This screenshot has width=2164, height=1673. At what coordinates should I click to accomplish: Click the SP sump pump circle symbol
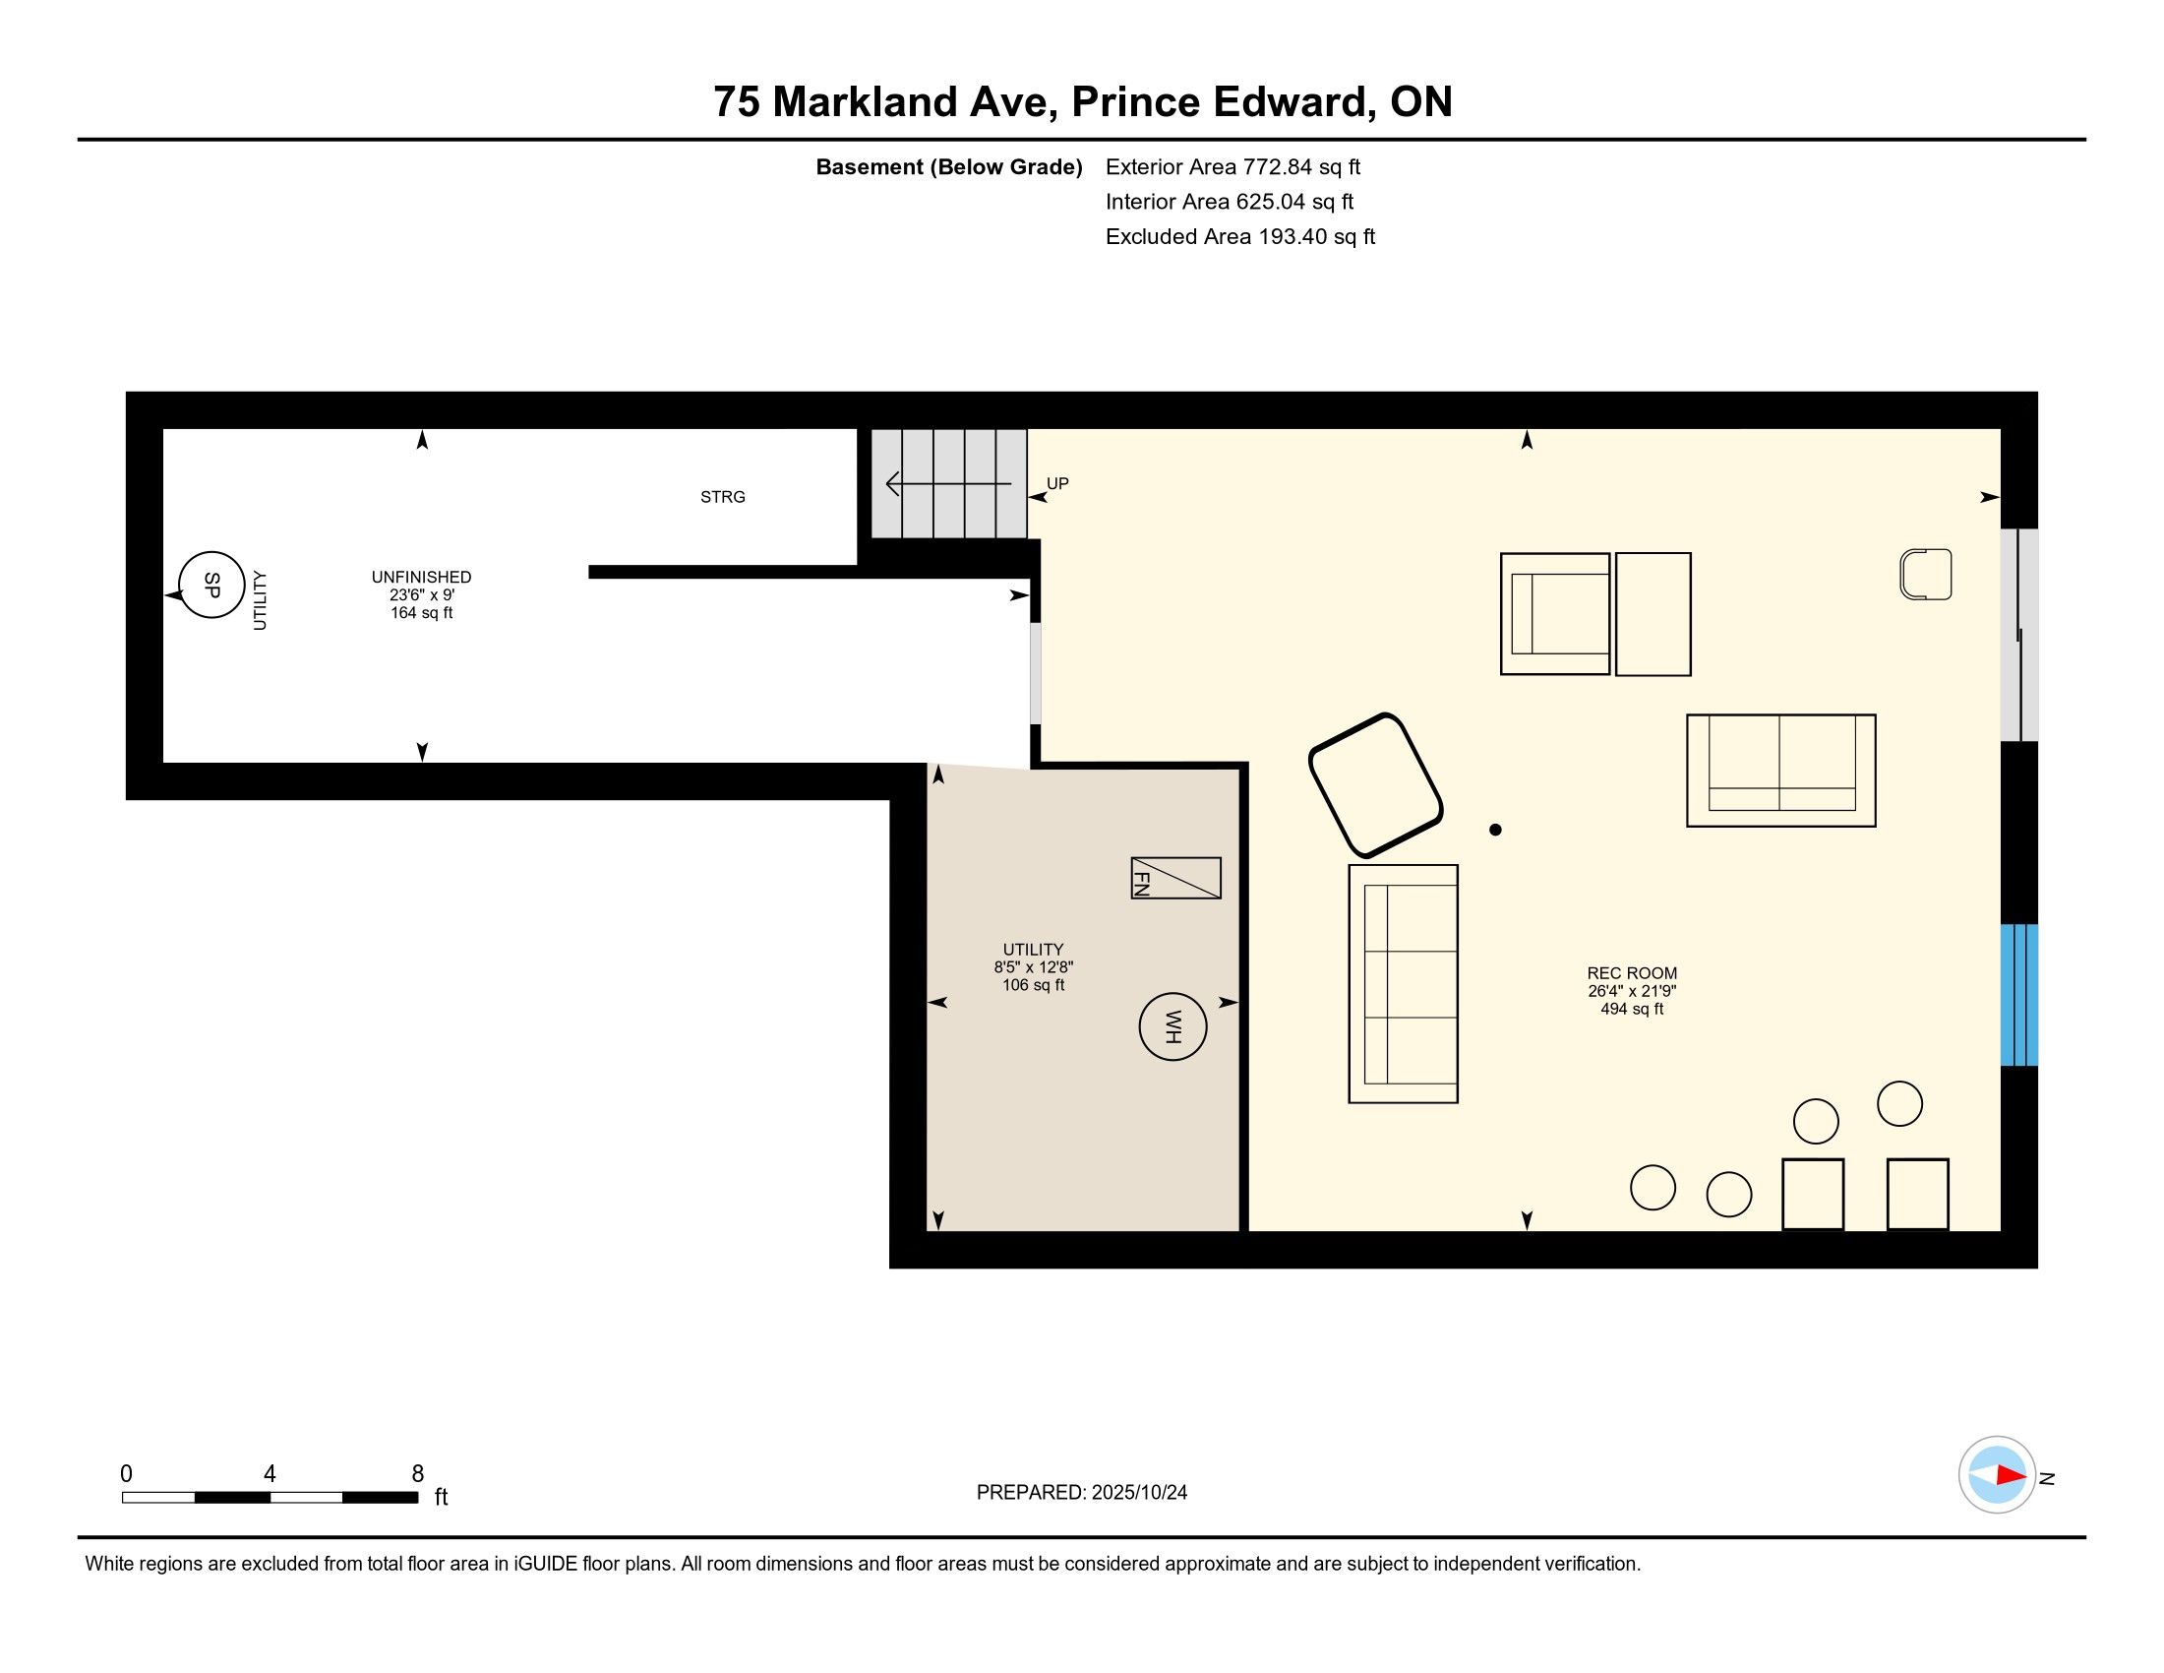(211, 585)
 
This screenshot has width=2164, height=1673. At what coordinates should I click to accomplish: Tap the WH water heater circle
(1172, 1026)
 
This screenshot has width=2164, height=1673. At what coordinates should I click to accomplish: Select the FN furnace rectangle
(1176, 878)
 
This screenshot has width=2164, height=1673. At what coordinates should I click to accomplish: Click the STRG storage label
(722, 497)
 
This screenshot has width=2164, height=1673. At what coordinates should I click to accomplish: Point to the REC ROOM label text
(1632, 973)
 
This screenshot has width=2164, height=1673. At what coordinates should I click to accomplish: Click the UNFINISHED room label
(421, 577)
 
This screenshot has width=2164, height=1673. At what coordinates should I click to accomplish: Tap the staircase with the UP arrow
(948, 483)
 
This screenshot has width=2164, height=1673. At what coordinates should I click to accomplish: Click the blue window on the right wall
(2018, 995)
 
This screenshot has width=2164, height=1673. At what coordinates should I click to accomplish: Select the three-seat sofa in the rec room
(1403, 984)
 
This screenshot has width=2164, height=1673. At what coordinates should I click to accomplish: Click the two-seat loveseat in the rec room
(1780, 771)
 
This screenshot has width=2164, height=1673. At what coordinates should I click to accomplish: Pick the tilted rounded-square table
(1375, 785)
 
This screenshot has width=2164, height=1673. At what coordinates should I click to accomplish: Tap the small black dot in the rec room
(1495, 830)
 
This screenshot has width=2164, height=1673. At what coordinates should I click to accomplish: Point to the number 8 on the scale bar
(417, 1473)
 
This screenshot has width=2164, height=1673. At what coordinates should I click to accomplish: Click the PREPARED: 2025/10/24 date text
(1081, 1492)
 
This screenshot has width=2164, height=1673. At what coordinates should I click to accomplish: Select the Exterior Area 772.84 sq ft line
(1232, 166)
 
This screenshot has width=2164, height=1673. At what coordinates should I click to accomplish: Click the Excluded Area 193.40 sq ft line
(1239, 236)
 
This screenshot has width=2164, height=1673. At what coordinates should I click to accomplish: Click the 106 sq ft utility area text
(1034, 985)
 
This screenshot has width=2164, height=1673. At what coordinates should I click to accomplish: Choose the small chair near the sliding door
(1925, 574)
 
